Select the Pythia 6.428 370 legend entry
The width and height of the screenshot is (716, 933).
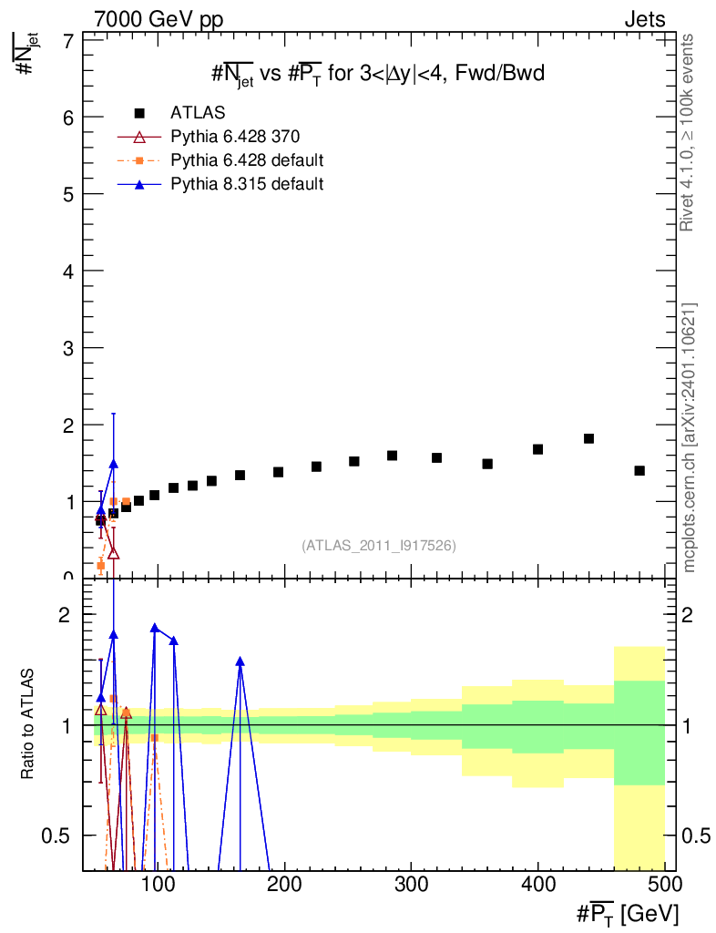(x=209, y=137)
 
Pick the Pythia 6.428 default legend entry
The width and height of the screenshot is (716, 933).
(x=220, y=160)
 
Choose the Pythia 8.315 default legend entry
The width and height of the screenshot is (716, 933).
(x=220, y=184)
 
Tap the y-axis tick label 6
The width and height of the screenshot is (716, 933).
(x=68, y=118)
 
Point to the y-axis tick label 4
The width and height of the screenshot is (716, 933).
(x=68, y=272)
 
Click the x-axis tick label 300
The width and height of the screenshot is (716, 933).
(x=411, y=884)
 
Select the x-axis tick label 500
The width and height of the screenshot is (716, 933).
(x=664, y=884)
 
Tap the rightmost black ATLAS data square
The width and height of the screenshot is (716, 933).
(x=639, y=471)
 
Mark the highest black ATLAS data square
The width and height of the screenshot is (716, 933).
(x=588, y=438)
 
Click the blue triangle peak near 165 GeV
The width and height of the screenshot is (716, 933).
(x=240, y=661)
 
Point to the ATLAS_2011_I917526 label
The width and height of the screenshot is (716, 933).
(x=379, y=546)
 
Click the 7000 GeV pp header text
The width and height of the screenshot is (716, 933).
(x=159, y=20)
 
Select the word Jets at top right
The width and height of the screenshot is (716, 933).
(x=645, y=20)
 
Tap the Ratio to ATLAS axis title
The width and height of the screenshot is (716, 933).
(x=27, y=724)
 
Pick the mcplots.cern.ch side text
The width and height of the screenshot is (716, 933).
(x=689, y=438)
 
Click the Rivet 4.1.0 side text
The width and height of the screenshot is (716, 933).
(x=688, y=133)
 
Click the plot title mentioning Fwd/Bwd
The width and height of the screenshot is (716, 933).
(x=378, y=74)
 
